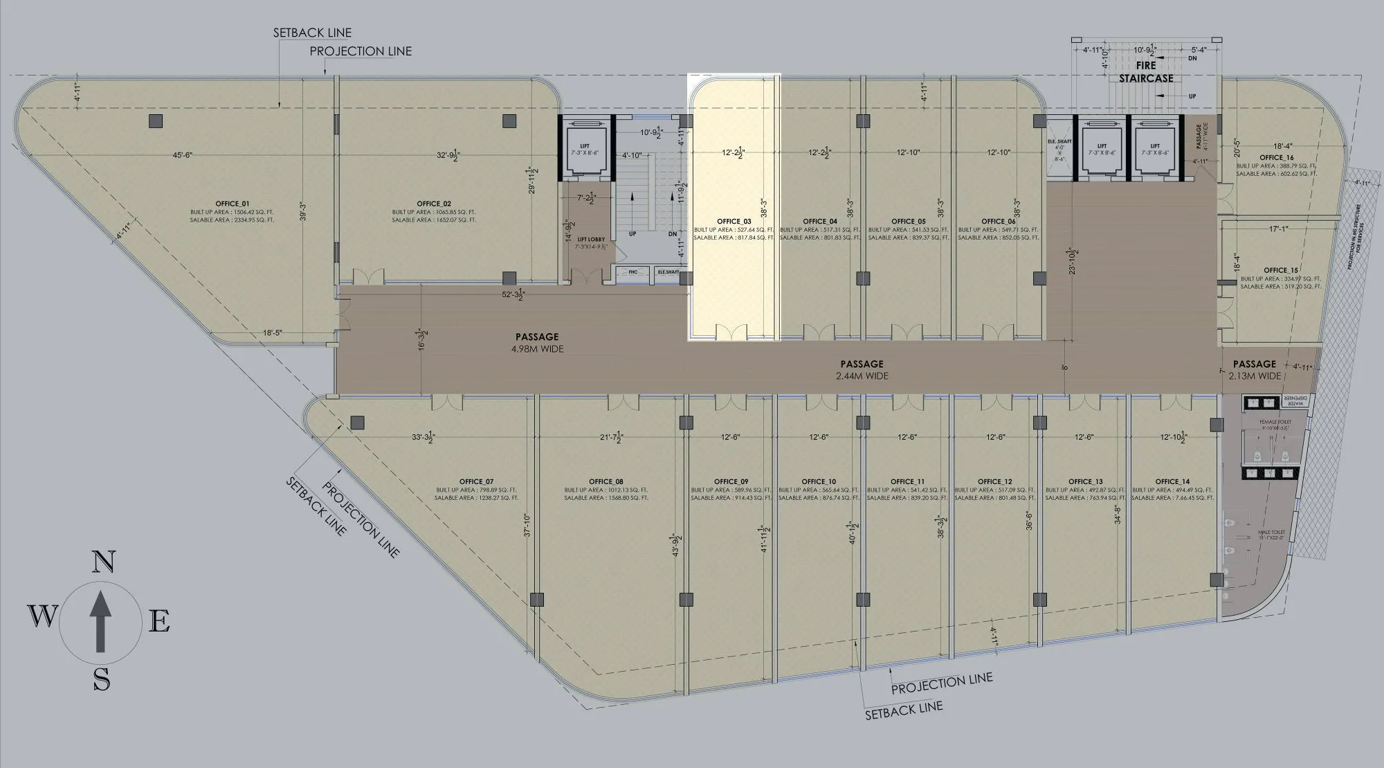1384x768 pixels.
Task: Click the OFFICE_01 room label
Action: click(x=232, y=204)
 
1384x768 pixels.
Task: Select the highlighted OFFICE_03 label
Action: click(x=734, y=222)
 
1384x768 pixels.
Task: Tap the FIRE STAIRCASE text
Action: click(x=1146, y=72)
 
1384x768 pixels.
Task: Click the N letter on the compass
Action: click(x=103, y=562)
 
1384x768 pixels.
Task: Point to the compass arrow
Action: click(x=101, y=621)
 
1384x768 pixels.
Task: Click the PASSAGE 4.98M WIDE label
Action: click(x=536, y=343)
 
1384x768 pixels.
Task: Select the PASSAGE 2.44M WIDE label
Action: click(x=862, y=370)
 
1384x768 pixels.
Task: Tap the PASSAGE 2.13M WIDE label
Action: click(x=1254, y=369)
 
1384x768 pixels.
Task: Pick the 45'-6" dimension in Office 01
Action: click(x=182, y=155)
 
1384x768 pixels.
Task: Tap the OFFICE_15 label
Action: click(x=1281, y=270)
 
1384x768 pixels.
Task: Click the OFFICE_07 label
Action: click(x=476, y=481)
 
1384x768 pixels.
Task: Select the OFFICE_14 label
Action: click(x=1172, y=481)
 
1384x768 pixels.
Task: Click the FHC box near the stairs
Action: click(x=632, y=273)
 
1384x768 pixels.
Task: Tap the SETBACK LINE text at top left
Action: click(x=312, y=33)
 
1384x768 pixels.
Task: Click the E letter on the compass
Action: click(x=160, y=622)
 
